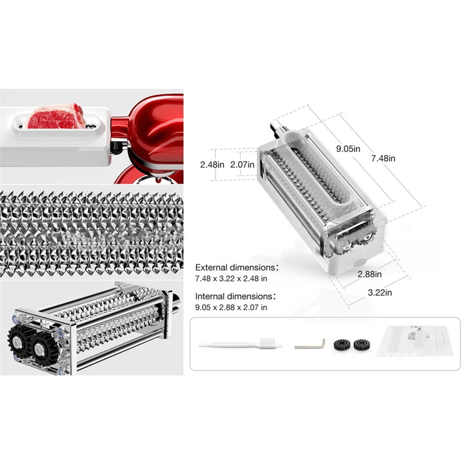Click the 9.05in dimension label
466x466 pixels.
click(x=348, y=149)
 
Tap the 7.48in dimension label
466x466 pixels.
click(x=383, y=158)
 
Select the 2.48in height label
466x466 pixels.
click(x=212, y=165)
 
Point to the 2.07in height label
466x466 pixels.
click(x=242, y=165)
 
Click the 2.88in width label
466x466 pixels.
click(x=369, y=274)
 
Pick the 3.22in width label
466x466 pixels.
click(x=380, y=292)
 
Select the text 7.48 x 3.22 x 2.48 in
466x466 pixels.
click(x=231, y=278)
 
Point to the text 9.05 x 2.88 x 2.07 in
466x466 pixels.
click(x=231, y=307)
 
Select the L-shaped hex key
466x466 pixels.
click(x=310, y=344)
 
